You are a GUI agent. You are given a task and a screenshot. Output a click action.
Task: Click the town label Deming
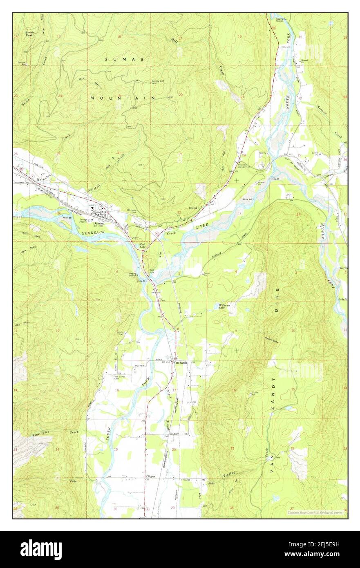click(99, 224)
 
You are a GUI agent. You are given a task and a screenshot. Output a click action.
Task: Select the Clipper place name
click(150, 476)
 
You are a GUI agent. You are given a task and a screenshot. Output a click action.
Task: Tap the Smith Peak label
click(29, 34)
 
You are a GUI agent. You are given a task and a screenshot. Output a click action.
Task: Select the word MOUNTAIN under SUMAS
click(123, 98)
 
